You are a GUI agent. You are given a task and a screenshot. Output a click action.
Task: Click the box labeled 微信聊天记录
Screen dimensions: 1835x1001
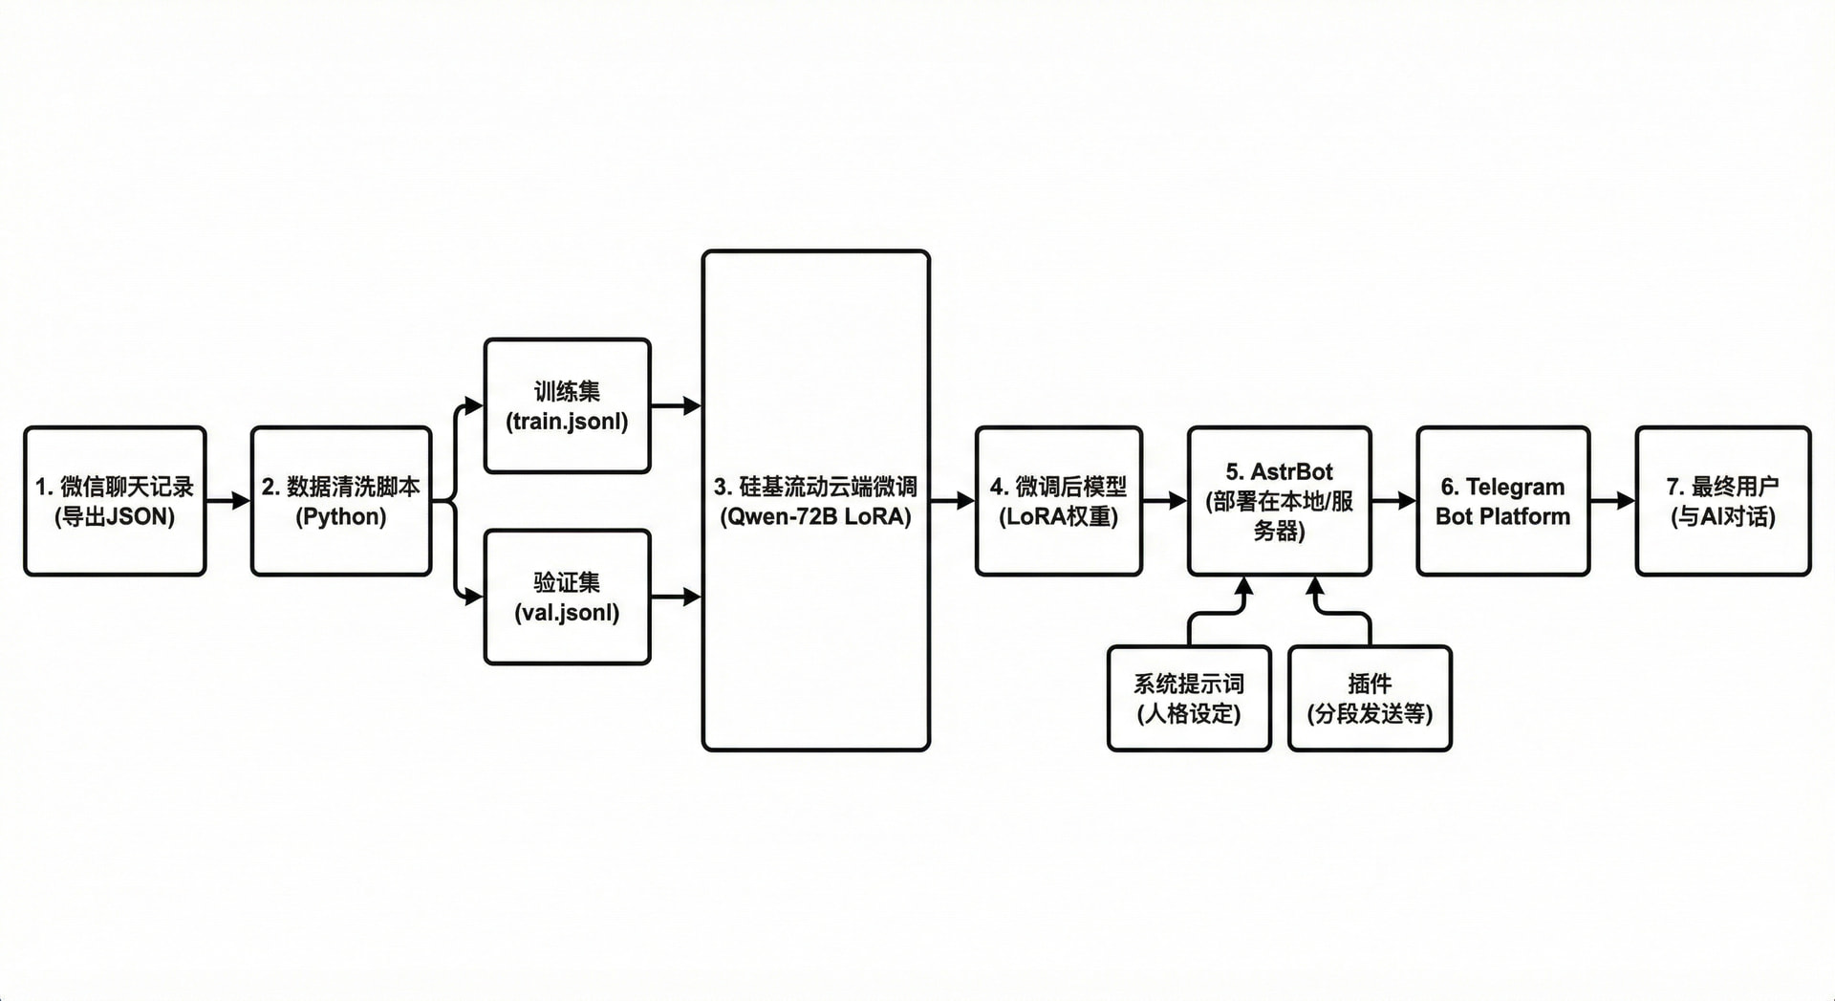[115, 501]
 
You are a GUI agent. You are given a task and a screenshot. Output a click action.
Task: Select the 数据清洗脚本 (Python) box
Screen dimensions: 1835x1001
[341, 501]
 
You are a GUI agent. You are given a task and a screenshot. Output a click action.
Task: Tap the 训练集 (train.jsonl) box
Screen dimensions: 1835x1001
[568, 405]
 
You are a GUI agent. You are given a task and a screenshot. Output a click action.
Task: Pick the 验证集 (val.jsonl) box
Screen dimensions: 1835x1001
[568, 597]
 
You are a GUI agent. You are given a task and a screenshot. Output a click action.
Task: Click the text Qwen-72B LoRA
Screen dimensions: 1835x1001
[815, 517]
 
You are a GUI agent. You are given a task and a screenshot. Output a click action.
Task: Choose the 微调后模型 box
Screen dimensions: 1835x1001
[1059, 501]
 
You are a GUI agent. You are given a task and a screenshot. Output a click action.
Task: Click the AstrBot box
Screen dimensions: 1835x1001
[1280, 501]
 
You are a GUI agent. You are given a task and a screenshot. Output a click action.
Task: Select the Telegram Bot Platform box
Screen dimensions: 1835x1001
[1503, 501]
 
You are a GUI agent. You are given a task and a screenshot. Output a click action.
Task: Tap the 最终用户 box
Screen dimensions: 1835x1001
[1723, 501]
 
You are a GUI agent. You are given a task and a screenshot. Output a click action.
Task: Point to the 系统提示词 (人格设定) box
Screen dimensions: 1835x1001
[1189, 698]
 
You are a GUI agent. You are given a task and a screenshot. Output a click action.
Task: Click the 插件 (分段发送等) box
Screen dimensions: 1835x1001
[1370, 698]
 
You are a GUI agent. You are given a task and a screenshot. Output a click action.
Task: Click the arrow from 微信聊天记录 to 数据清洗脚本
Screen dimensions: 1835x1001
[228, 500]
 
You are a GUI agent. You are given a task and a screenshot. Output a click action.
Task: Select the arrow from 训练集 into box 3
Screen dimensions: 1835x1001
[677, 405]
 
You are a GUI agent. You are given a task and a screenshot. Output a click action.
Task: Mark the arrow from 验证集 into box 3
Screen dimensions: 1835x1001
[677, 597]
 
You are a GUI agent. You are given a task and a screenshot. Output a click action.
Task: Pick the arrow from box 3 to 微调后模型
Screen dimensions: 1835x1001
[953, 500]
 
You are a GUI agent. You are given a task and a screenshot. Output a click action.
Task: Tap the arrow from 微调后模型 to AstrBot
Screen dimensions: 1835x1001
[1165, 500]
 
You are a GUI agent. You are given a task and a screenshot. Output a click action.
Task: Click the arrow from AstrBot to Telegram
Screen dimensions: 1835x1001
[1394, 500]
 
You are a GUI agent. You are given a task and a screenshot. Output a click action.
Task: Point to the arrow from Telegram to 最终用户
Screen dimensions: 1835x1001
[1613, 500]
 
